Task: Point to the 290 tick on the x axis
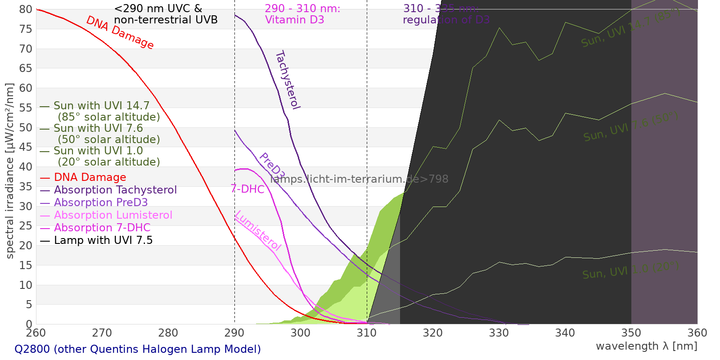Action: coord(234,333)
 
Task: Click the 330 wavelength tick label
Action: coord(499,333)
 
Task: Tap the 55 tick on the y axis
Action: coord(26,108)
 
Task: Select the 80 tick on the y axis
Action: coord(26,9)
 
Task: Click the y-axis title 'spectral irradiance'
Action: coord(10,171)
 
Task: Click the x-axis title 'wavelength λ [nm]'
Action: coord(646,346)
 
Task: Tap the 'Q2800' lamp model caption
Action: coord(138,349)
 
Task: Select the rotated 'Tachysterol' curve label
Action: coord(287,80)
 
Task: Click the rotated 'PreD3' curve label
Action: coord(272,166)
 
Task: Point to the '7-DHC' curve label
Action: coord(247,189)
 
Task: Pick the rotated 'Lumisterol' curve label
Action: coord(258,230)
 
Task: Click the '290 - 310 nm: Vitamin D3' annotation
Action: coord(302,14)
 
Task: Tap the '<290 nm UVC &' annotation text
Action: coord(158,9)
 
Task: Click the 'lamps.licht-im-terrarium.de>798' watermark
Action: coord(359,179)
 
